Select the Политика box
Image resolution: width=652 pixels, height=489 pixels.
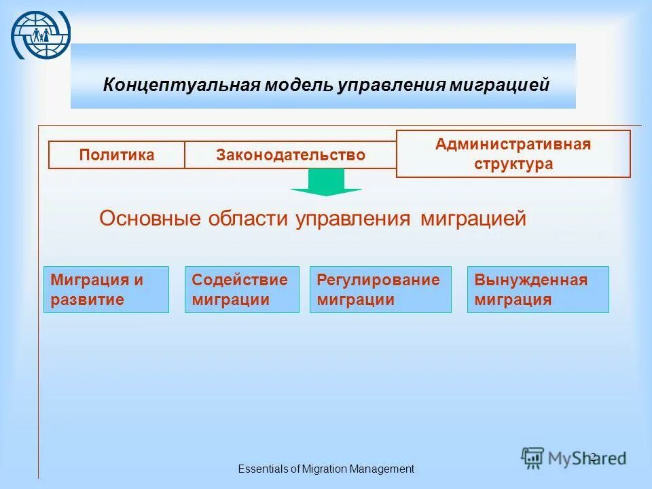click(x=117, y=155)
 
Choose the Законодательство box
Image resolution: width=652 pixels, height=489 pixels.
click(x=291, y=155)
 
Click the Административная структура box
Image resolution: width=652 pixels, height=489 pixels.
click(x=513, y=154)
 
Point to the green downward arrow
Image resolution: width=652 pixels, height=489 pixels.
click(x=326, y=183)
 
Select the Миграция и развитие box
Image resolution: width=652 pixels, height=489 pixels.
click(x=106, y=289)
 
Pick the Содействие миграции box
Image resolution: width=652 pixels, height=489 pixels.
click(x=242, y=289)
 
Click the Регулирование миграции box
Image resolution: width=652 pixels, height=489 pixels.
click(x=380, y=289)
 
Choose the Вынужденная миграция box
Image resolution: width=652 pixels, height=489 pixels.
click(x=538, y=289)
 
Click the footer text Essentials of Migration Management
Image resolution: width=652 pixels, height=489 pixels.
click(x=326, y=469)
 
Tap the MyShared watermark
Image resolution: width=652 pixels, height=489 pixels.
click(x=574, y=458)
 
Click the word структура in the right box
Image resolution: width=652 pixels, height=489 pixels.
click(x=513, y=164)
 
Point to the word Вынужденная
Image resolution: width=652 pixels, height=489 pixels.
click(x=531, y=280)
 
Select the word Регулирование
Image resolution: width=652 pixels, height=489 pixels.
click(x=378, y=280)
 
